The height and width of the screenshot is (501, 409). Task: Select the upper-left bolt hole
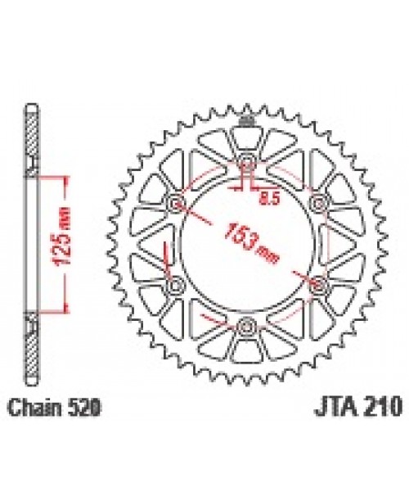pyautogui.click(x=174, y=201)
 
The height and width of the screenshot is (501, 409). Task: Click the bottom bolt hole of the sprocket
pyautogui.click(x=247, y=327)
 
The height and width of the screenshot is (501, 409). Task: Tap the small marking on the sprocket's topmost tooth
pyautogui.click(x=247, y=124)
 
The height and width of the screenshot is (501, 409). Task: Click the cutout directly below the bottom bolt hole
pyautogui.click(x=247, y=354)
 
